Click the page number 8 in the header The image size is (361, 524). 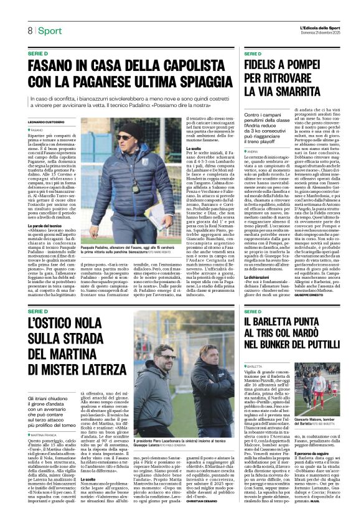click(x=30, y=30)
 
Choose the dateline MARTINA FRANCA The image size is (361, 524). click(x=48, y=416)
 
